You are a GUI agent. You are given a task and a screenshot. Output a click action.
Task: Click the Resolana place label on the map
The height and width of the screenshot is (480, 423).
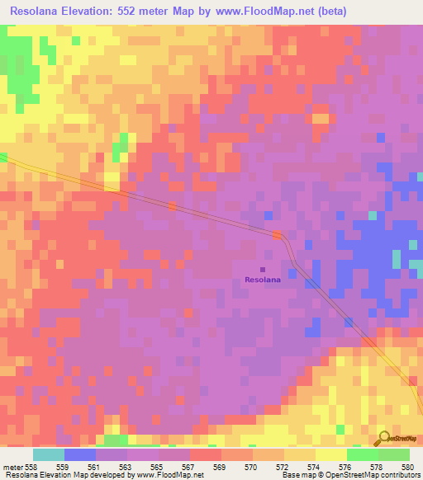(x=263, y=280)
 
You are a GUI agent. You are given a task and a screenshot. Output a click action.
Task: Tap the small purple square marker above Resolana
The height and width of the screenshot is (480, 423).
(x=263, y=269)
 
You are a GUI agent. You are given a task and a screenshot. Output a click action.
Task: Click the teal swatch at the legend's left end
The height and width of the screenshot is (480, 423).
(x=48, y=454)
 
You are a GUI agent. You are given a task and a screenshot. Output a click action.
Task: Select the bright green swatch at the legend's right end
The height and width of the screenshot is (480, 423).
(x=394, y=454)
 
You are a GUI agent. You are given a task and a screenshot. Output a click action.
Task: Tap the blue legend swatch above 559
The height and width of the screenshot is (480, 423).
(x=80, y=454)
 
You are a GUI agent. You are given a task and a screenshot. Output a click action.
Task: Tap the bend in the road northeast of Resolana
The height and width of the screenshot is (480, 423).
(x=283, y=238)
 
